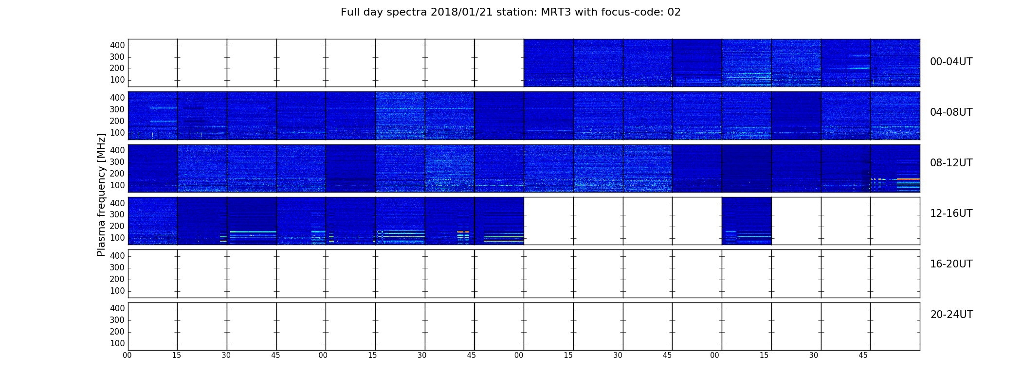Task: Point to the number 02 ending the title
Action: click(674, 12)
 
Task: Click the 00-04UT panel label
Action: click(951, 62)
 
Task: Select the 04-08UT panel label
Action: click(951, 112)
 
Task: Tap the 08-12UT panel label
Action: click(951, 163)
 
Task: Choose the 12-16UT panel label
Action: click(951, 213)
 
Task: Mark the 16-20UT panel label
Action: click(951, 264)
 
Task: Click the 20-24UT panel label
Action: click(951, 315)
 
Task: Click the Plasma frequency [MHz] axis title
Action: click(101, 194)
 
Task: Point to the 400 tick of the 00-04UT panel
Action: click(117, 45)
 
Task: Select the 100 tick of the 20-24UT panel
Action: click(117, 343)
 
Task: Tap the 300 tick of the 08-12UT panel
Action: click(117, 162)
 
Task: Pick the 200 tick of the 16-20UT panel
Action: click(117, 279)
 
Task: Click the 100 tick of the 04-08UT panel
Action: click(117, 133)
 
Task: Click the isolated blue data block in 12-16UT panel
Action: click(747, 221)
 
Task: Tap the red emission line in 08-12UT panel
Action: click(908, 179)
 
